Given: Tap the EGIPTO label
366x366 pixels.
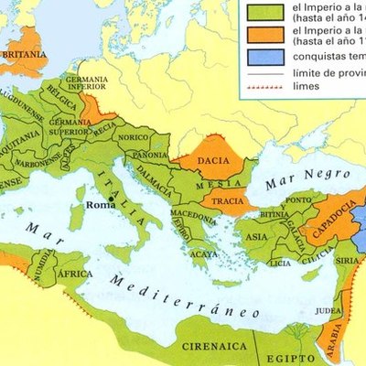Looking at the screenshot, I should (287, 349).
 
